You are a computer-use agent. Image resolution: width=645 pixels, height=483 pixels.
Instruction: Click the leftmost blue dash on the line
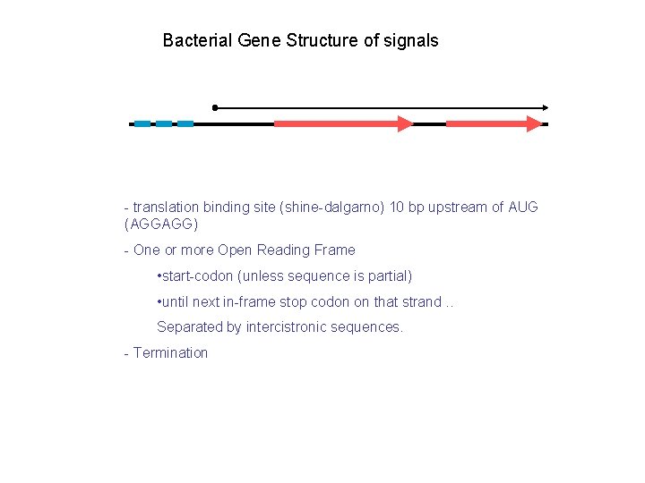click(x=142, y=123)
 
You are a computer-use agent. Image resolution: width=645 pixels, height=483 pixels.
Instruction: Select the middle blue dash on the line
click(x=164, y=123)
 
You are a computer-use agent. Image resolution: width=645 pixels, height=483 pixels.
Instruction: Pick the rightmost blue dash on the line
click(x=185, y=123)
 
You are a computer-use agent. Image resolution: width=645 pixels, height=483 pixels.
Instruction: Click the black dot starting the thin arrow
click(x=215, y=107)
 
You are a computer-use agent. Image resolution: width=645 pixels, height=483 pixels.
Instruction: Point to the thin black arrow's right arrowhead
click(x=544, y=107)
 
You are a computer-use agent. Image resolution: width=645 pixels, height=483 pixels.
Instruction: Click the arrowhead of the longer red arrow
click(x=405, y=123)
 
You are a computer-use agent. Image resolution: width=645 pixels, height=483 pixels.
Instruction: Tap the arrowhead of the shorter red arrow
click(x=535, y=123)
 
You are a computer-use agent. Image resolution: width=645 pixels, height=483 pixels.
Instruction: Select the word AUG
click(x=523, y=208)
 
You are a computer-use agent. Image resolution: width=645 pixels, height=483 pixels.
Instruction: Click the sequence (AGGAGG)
click(x=162, y=224)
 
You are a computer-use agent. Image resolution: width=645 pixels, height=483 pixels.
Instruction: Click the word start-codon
click(x=197, y=276)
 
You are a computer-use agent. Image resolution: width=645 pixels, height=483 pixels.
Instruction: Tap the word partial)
click(x=387, y=276)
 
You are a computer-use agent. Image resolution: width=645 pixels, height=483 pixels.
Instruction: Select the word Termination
click(x=170, y=353)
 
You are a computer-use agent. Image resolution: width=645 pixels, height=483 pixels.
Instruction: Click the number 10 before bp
click(x=417, y=208)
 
